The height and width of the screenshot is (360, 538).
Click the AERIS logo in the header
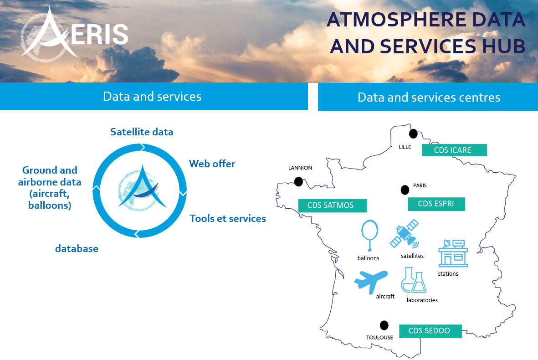pos(74,34)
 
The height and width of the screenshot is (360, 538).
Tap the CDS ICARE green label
pos(454,150)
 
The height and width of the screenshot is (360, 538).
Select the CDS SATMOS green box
pos(332,205)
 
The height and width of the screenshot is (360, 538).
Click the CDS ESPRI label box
pos(436,204)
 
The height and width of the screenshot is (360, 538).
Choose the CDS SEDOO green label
pos(430,331)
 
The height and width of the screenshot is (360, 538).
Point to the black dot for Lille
pos(413,134)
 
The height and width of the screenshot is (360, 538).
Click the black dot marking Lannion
pos(298,181)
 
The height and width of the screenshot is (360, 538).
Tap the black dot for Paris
pos(405,190)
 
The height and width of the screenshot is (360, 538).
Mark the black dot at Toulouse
pos(384,325)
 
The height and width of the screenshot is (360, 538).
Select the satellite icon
pos(405,234)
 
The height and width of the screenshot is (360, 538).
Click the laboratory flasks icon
pos(414,280)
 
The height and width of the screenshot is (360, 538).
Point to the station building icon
pos(453,253)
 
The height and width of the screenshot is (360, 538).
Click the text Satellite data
pos(142,132)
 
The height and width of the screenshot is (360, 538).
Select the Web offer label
pos(212,164)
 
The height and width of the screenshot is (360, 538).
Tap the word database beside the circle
pos(77,248)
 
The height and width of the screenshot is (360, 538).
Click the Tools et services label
pos(228,219)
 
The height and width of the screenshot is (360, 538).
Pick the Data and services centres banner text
pos(429,98)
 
